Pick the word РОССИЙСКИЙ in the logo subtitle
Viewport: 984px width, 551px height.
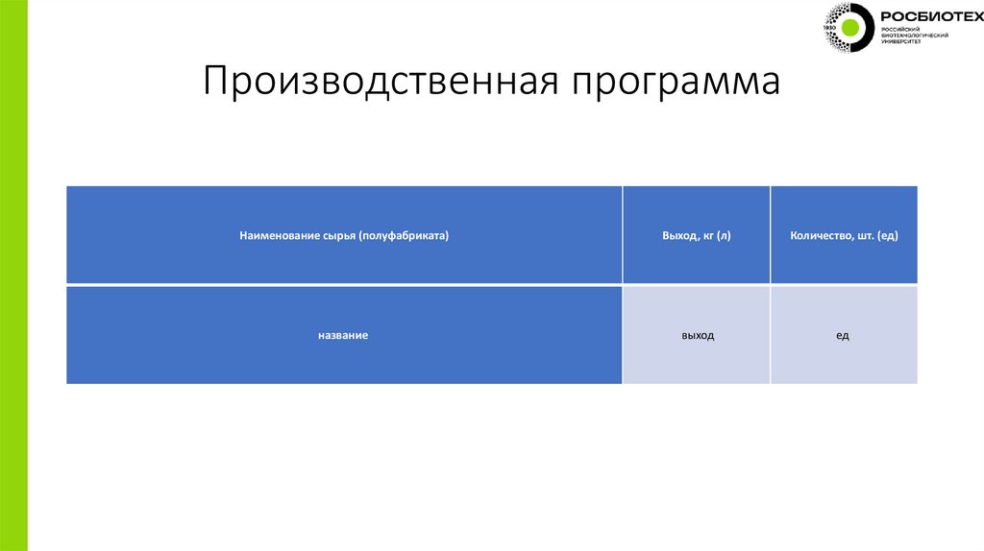click(900, 30)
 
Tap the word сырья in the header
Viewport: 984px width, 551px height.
click(332, 235)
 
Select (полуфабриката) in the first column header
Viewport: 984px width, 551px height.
click(405, 235)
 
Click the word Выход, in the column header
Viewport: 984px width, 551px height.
click(678, 235)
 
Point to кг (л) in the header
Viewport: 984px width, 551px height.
click(716, 235)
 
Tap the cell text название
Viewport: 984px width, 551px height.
click(344, 335)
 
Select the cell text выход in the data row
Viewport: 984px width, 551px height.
click(697, 335)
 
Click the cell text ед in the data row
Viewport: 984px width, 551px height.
click(843, 335)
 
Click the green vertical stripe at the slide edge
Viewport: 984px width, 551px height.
click(13, 275)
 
